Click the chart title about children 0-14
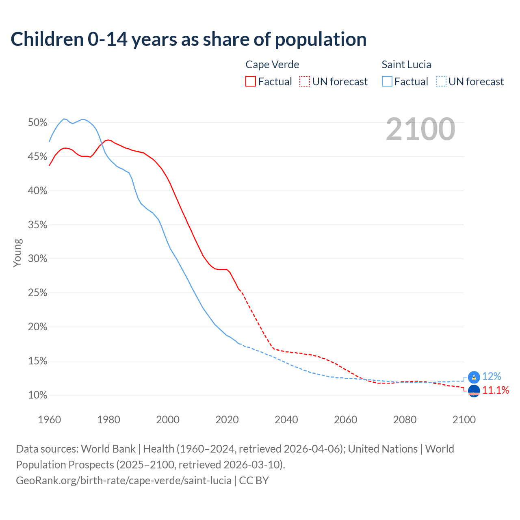pos(188,39)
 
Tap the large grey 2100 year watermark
pos(420,129)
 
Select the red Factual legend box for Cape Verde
pos(251,82)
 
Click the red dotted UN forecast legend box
pos(305,82)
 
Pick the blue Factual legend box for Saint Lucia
pos(387,82)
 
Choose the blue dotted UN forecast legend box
pos(441,82)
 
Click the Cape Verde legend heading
pos(272,65)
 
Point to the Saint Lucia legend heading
pos(406,65)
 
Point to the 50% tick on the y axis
pos(37,123)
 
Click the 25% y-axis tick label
pos(37,293)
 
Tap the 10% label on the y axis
pos(37,395)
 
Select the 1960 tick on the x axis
pos(49,420)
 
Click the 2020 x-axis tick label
pos(227,420)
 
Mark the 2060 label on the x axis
pos(346,420)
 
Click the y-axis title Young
pos(17,253)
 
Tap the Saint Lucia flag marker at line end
pos(474,377)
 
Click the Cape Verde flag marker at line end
pos(474,391)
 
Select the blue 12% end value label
pos(492,377)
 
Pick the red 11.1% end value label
pos(496,390)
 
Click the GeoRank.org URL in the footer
pos(123,481)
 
